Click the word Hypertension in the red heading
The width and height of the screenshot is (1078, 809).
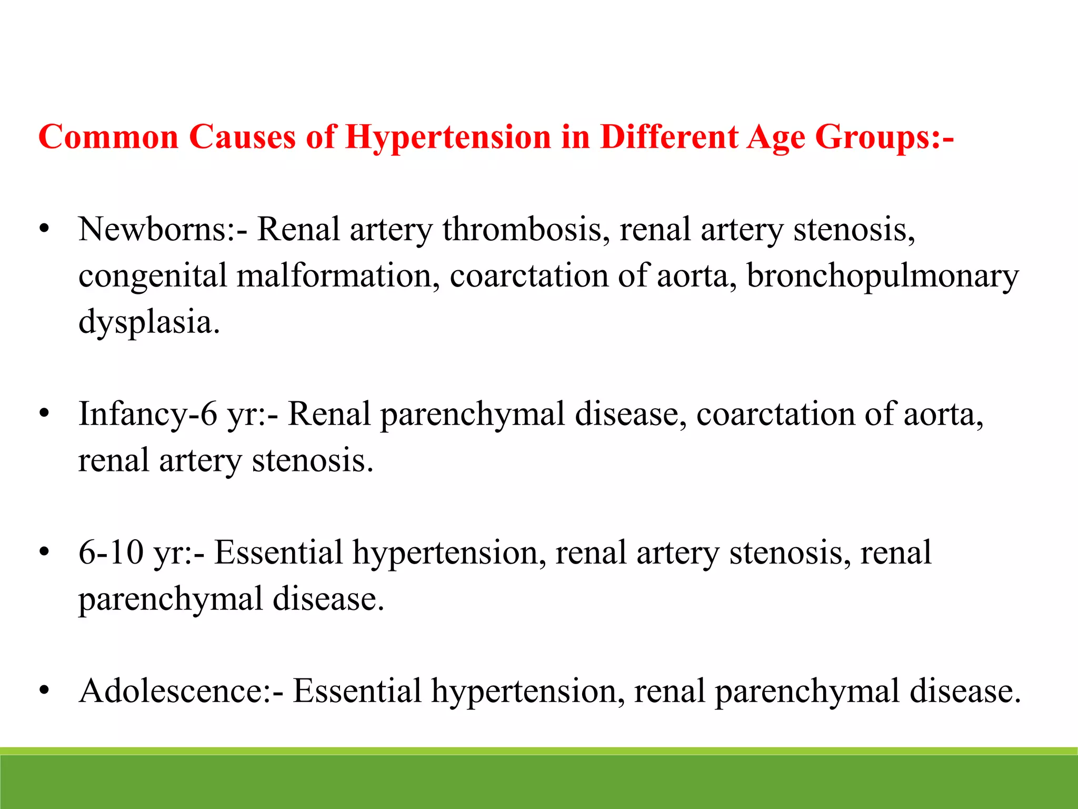448,138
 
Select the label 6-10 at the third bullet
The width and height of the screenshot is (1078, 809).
111,553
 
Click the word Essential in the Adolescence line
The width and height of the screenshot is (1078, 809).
357,691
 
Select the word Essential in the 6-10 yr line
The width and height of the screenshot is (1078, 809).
278,553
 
